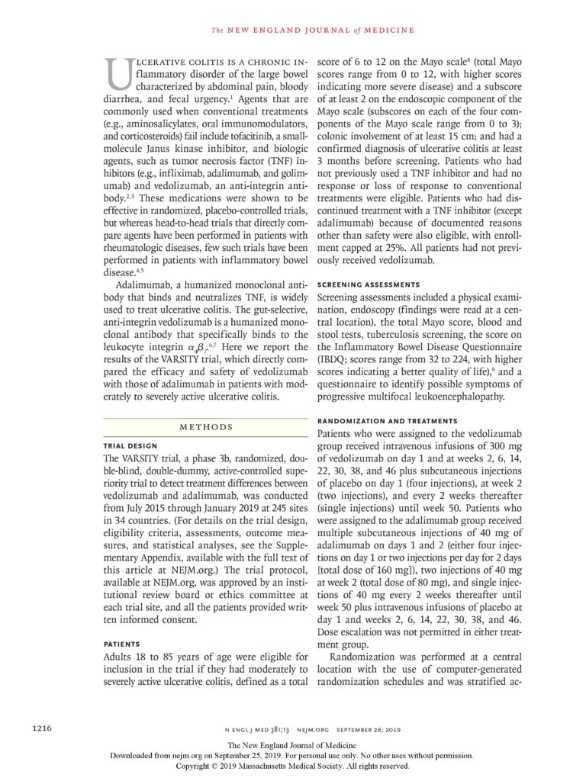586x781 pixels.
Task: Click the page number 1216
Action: coord(42,730)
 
